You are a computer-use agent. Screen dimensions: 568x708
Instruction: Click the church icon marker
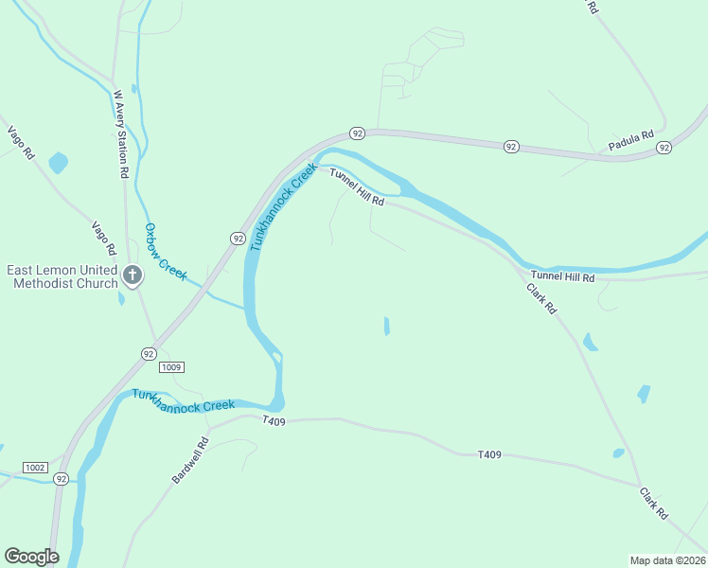(x=133, y=276)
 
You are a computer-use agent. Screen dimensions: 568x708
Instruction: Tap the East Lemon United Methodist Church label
(x=62, y=276)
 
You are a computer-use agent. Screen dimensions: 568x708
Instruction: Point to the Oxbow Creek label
(x=166, y=251)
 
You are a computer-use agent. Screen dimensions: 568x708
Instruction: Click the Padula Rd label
(x=630, y=142)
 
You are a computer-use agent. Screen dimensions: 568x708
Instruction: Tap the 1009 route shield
(x=171, y=366)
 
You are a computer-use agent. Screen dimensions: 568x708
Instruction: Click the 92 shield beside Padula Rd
(x=664, y=148)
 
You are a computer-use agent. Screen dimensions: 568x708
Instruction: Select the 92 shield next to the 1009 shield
(x=149, y=353)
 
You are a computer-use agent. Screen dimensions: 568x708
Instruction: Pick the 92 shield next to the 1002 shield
(x=61, y=479)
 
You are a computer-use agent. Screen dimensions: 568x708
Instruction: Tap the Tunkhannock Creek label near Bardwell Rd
(x=183, y=399)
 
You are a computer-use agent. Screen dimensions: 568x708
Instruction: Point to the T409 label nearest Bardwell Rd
(x=274, y=420)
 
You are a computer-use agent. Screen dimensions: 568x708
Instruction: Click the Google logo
(x=31, y=557)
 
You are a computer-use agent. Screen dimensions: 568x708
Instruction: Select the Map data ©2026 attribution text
(x=667, y=559)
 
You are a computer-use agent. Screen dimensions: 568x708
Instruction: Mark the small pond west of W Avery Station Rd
(x=59, y=162)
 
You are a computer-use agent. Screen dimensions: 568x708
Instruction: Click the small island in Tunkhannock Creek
(x=275, y=357)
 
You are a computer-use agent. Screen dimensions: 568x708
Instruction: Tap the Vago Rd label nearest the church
(x=103, y=237)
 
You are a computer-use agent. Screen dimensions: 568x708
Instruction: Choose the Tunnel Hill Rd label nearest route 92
(x=357, y=186)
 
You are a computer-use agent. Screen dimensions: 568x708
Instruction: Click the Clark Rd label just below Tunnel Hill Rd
(x=542, y=296)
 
